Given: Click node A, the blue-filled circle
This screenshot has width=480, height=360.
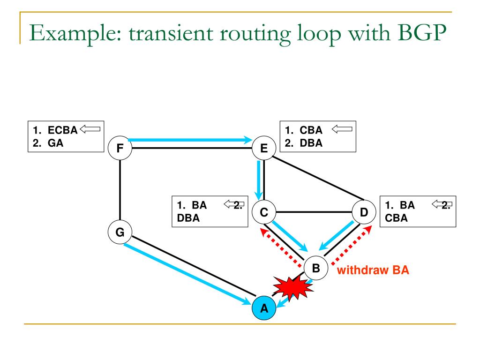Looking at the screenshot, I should coord(264,307).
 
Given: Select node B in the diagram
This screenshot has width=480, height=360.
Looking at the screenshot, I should coord(315,268).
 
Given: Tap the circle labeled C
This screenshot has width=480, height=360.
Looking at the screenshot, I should coord(264,212).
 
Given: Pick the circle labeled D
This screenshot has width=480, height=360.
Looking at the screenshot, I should coord(364,212).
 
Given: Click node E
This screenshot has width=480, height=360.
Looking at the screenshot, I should coord(263,149).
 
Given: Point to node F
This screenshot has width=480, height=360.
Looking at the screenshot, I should coord(120,149).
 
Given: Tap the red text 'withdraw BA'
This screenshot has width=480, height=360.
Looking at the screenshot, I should coord(373,270).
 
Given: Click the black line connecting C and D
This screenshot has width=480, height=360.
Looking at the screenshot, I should coord(314,212).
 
